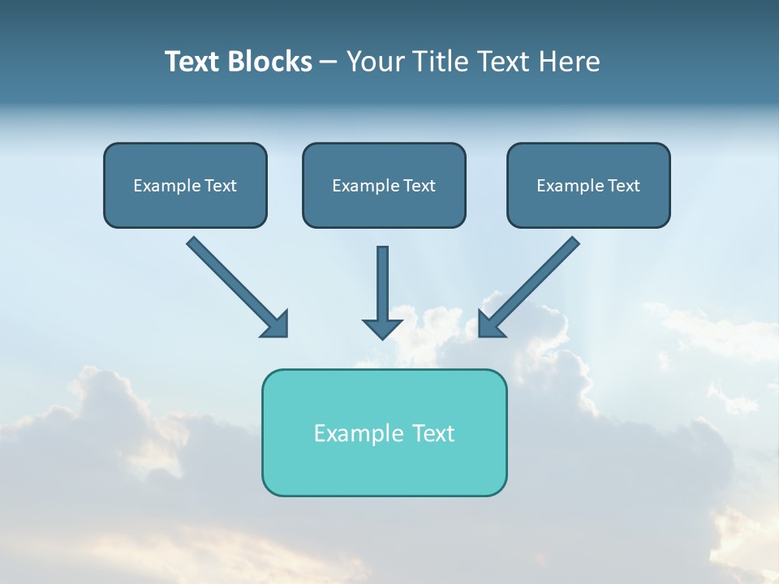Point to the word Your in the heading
[375, 62]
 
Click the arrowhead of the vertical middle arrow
[382, 328]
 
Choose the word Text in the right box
[623, 186]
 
